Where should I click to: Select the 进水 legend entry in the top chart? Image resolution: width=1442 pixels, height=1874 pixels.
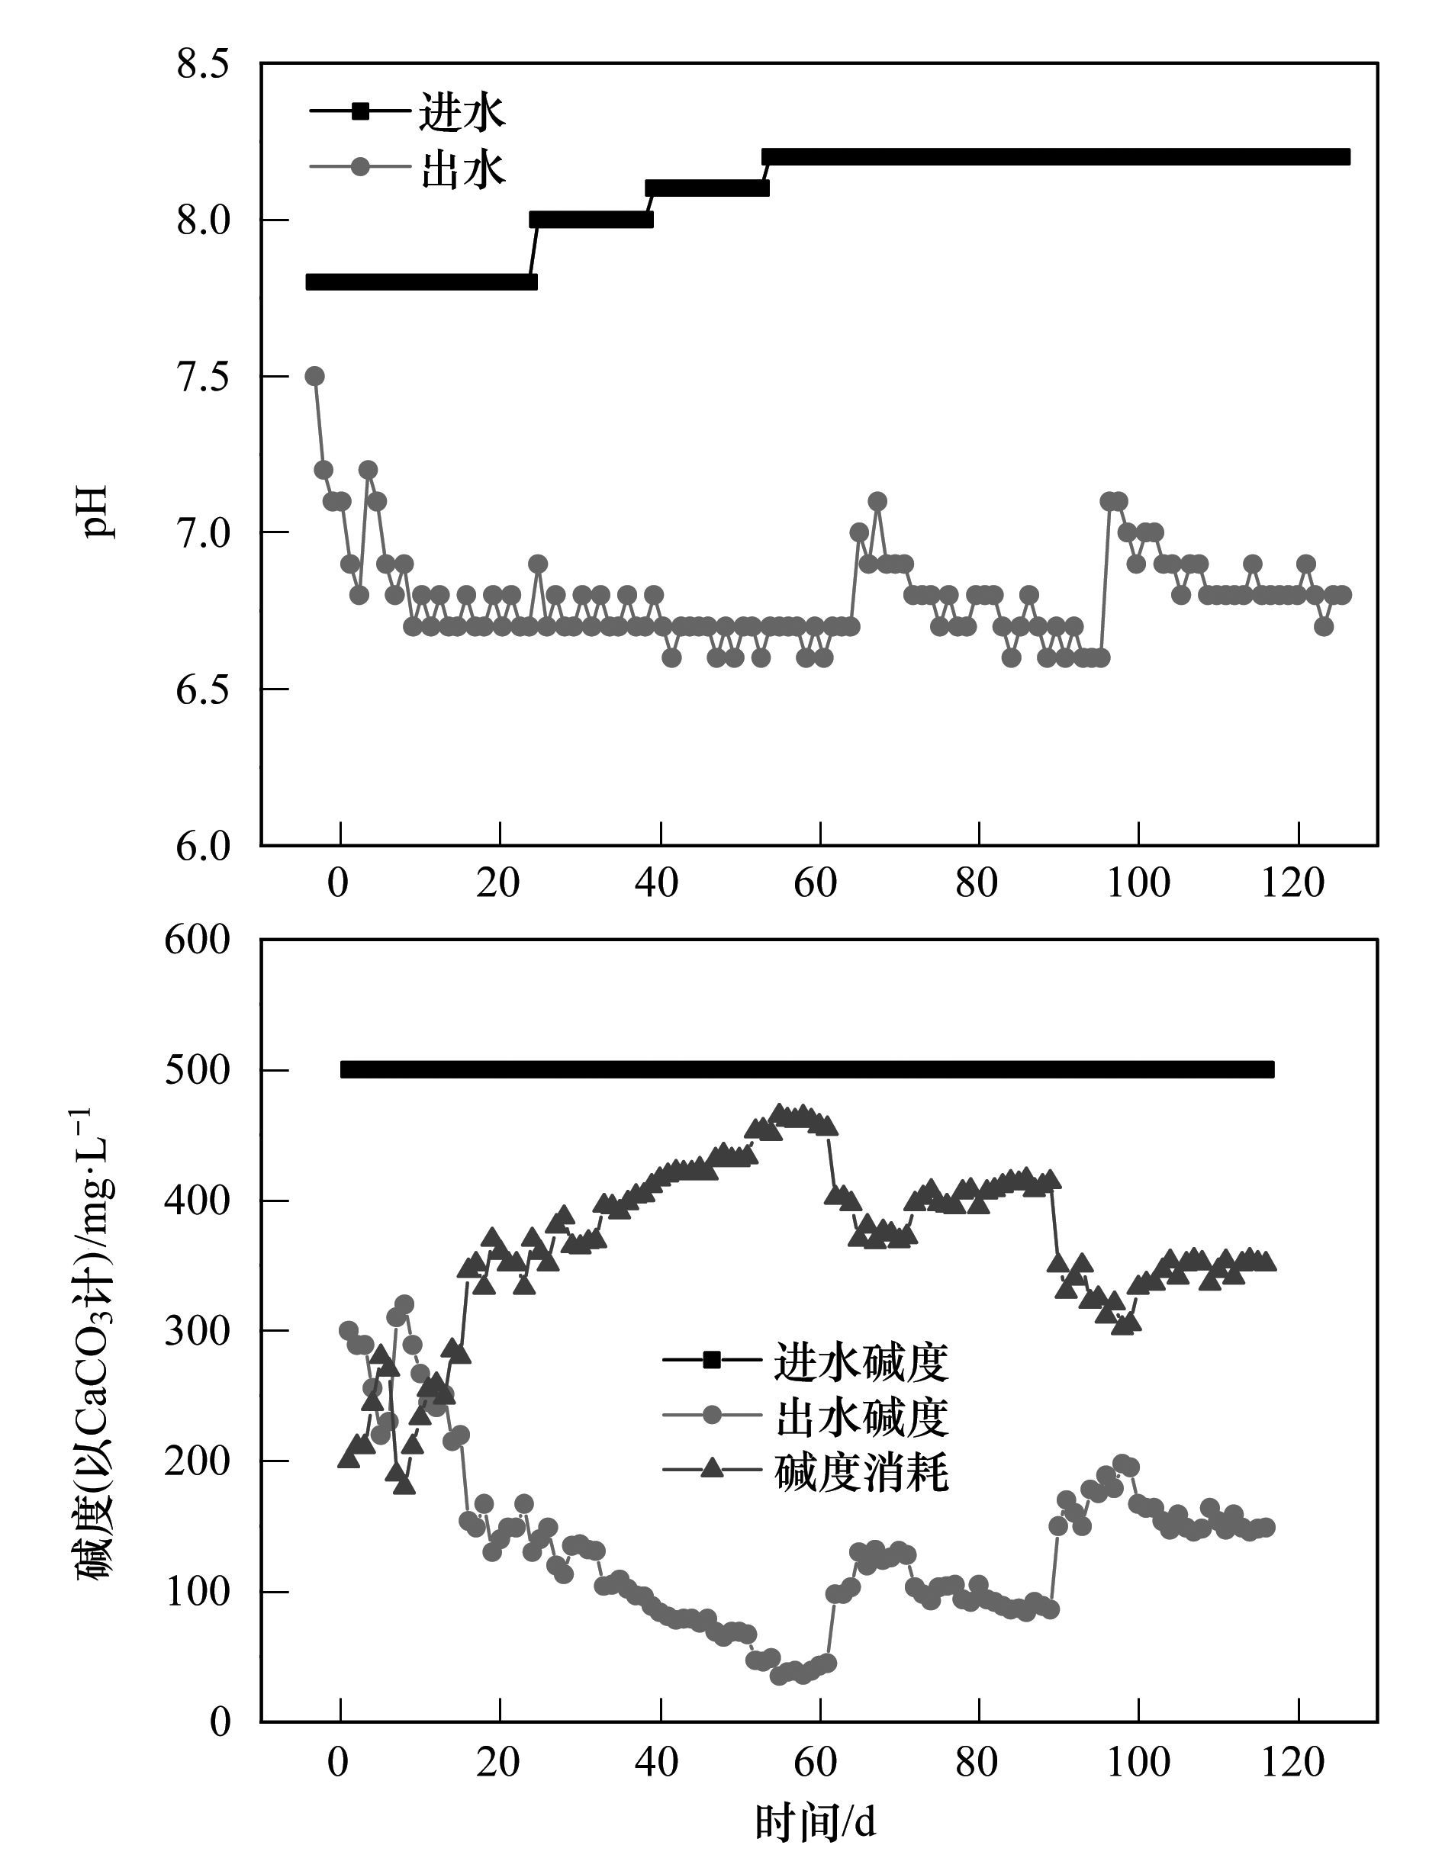pyautogui.click(x=462, y=112)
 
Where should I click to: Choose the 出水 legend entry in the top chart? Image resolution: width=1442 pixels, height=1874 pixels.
pyautogui.click(x=462, y=167)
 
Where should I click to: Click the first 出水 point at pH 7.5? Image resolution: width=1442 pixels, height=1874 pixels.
pyautogui.click(x=315, y=376)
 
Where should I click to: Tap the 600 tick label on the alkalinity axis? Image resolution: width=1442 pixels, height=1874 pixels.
pyautogui.click(x=197, y=940)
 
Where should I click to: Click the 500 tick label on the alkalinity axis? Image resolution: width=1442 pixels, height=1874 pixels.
pyautogui.click(x=197, y=1071)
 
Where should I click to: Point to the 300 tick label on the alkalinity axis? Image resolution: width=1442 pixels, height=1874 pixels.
pyautogui.click(x=197, y=1332)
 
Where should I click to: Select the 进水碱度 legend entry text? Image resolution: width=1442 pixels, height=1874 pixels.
pyautogui.click(x=861, y=1361)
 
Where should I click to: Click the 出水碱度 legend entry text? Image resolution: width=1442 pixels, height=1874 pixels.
pyautogui.click(x=861, y=1416)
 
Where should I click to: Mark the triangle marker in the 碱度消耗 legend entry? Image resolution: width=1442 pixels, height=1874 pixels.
pyautogui.click(x=712, y=1470)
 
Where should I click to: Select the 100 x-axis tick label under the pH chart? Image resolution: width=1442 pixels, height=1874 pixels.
pyautogui.click(x=1138, y=883)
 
